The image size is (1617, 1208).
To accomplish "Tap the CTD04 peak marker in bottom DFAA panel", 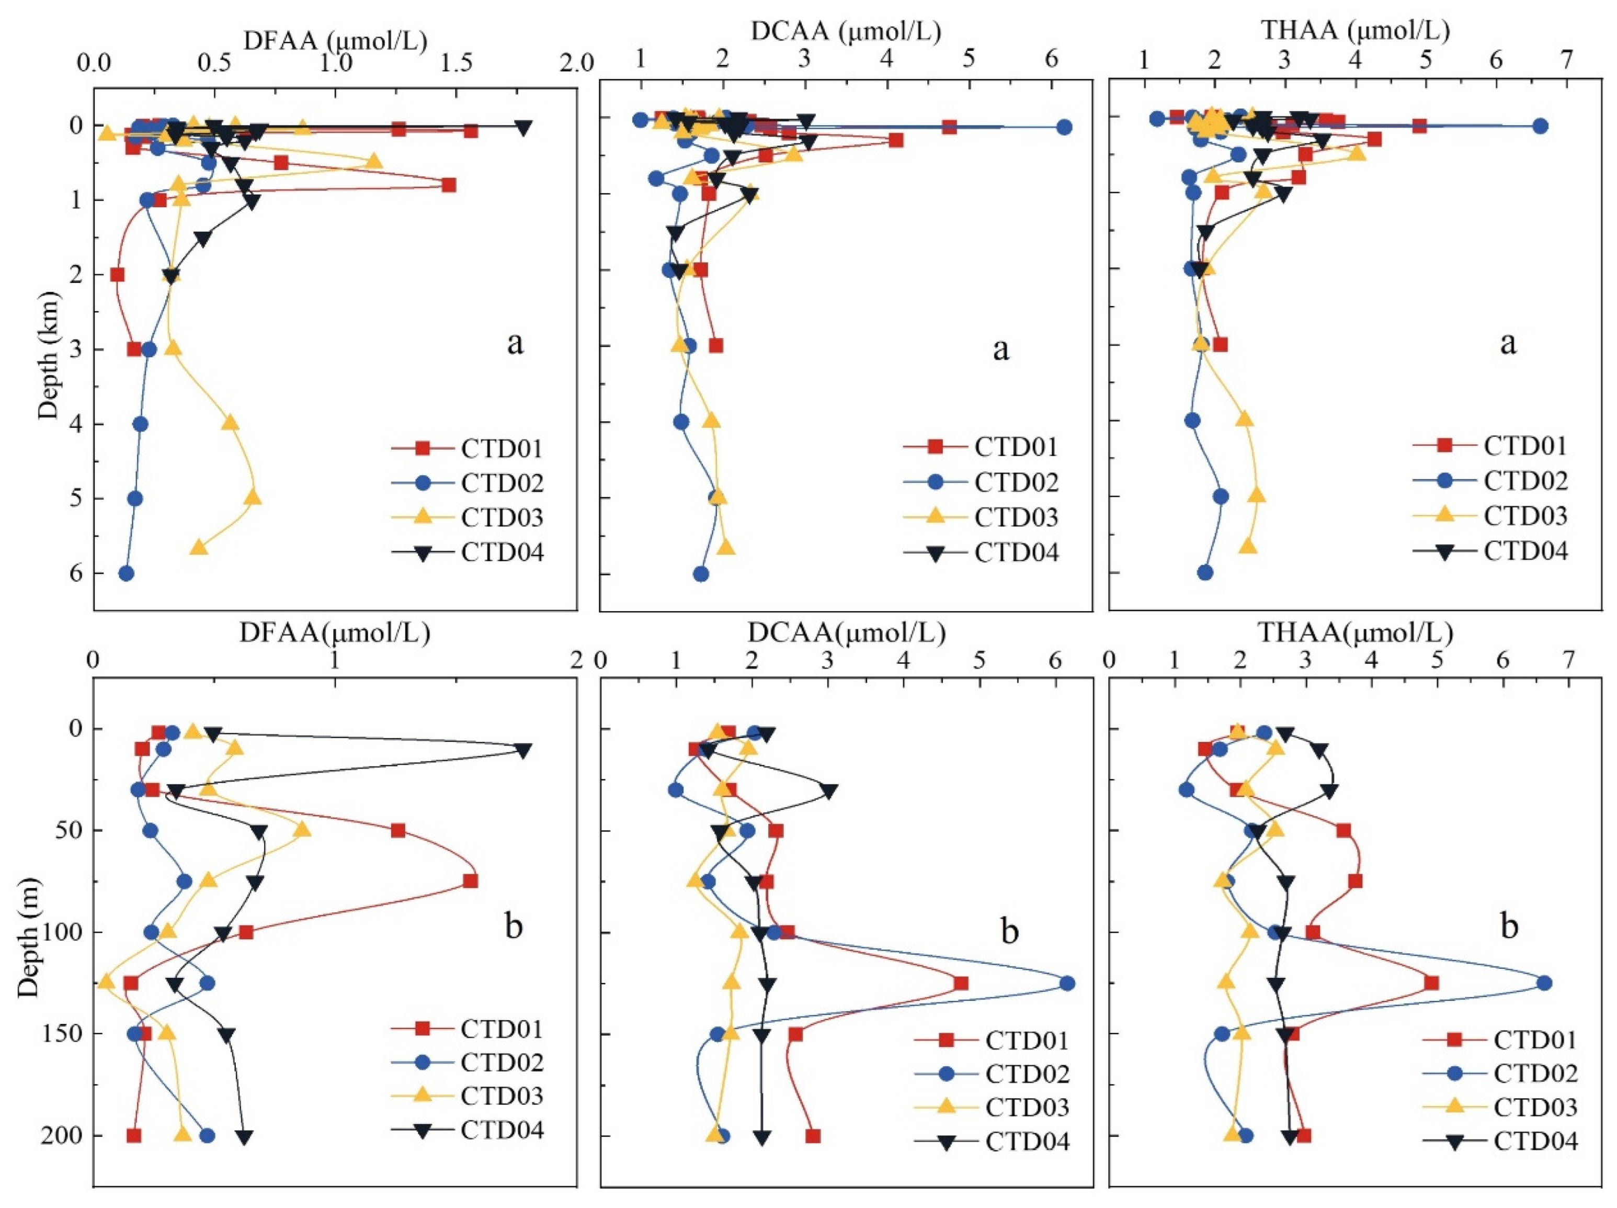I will tap(522, 750).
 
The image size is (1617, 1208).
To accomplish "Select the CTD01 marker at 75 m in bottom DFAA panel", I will tap(470, 881).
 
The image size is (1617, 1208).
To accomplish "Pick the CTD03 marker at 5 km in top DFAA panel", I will tap(253, 497).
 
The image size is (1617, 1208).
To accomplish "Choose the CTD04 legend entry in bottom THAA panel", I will tap(1535, 1140).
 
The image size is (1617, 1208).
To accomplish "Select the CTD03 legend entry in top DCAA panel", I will tap(1016, 517).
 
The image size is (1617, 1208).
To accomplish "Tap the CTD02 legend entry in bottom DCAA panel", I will tap(1027, 1074).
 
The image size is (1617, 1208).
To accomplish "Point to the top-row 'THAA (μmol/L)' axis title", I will tap(1356, 31).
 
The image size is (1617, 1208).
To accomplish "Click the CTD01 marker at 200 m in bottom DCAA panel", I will tap(813, 1136).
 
